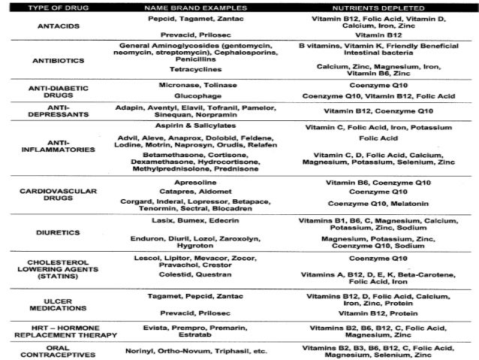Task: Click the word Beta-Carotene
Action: point(422,275)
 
